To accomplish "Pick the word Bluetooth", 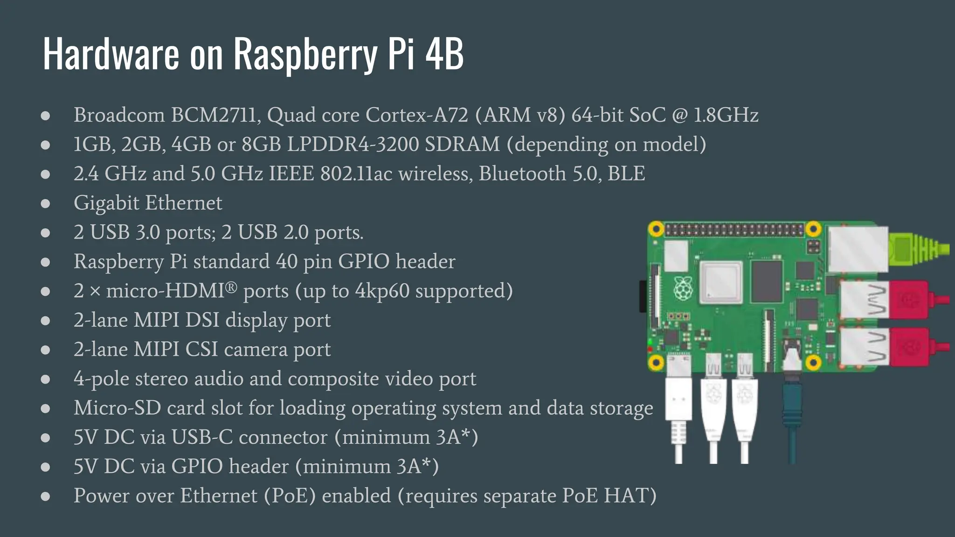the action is click(x=522, y=174).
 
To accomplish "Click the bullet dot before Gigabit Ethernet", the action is click(x=45, y=204).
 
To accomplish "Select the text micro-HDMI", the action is click(x=165, y=291).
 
